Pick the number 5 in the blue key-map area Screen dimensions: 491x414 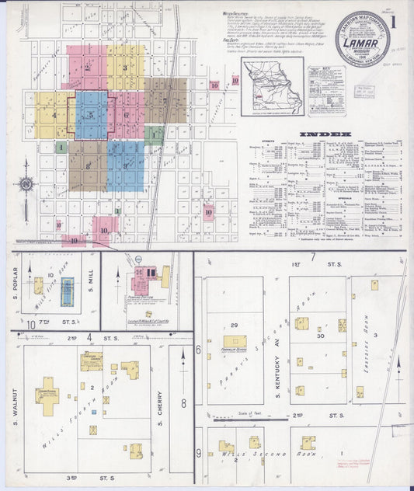point(91,116)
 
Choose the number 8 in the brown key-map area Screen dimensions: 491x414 point(88,166)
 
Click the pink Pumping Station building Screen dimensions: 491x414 point(143,277)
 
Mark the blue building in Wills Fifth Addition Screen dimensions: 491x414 point(68,290)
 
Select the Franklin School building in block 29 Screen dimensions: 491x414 point(235,341)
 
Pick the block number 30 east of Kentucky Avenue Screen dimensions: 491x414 point(320,336)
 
